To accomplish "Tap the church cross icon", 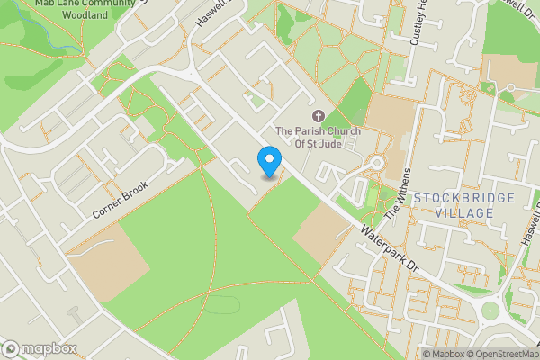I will (x=317, y=116).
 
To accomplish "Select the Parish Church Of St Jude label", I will (x=318, y=137).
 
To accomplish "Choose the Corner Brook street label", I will (x=119, y=199).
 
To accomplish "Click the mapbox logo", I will (x=39, y=349).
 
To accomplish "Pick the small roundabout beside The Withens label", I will (x=377, y=163).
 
